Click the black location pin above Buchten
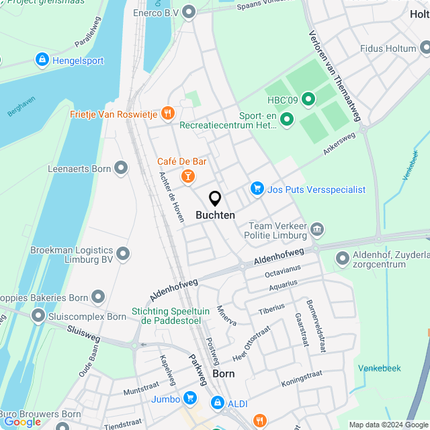click(x=215, y=199)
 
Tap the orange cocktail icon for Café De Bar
click(x=188, y=176)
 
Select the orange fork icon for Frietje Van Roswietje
click(x=168, y=114)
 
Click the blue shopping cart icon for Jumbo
click(x=191, y=399)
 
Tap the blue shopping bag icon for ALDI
click(x=217, y=402)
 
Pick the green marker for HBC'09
click(x=308, y=100)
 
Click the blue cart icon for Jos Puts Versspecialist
click(x=257, y=189)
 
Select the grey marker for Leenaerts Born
click(x=121, y=168)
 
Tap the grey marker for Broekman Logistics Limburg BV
click(x=123, y=254)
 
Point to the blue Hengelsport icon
click(x=42, y=60)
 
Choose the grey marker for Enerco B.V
click(x=189, y=11)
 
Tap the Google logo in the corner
click(x=22, y=422)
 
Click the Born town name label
click(x=223, y=374)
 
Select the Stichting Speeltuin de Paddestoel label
click(x=171, y=316)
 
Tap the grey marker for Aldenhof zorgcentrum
click(x=342, y=258)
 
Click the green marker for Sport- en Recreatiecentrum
click(x=287, y=120)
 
